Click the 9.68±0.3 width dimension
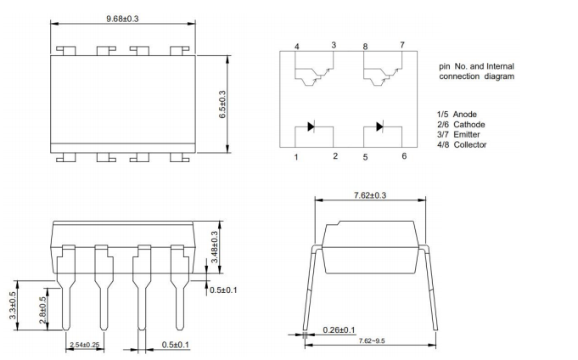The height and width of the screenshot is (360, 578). tap(121, 19)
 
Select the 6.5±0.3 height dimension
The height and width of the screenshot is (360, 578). tap(222, 104)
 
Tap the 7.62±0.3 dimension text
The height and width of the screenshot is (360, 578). tap(369, 195)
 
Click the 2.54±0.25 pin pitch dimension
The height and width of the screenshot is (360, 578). tap(85, 346)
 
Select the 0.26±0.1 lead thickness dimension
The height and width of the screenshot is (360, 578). tap(340, 329)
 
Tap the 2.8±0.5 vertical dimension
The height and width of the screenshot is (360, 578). tap(42, 312)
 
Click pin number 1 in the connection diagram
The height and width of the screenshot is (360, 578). tap(296, 157)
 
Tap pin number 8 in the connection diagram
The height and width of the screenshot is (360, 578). tap(365, 46)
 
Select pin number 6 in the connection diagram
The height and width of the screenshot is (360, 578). tap(403, 156)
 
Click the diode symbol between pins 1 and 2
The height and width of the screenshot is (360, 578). tap(311, 127)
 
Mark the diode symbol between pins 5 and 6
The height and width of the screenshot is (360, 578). tap(379, 127)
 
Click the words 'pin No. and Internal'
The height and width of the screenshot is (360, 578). tap(476, 66)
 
